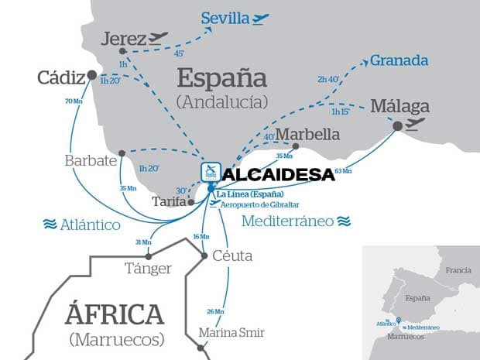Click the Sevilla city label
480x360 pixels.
[225, 17]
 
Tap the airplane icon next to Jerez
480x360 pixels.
[158, 37]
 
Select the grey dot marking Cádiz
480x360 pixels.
[92, 75]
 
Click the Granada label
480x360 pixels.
[399, 60]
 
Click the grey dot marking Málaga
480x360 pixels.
[397, 125]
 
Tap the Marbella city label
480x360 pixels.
[308, 134]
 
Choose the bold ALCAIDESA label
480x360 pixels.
[278, 175]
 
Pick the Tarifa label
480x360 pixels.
[169, 201]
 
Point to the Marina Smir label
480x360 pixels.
[231, 332]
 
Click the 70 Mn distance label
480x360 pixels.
[74, 101]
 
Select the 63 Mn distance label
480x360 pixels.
[342, 171]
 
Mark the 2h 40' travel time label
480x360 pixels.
[329, 79]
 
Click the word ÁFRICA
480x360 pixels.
[115, 314]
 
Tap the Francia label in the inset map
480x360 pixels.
[458, 270]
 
